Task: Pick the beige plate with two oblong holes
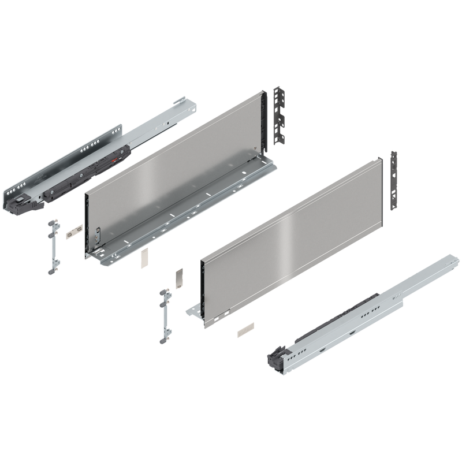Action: click(73, 233)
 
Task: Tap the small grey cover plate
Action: click(178, 276)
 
